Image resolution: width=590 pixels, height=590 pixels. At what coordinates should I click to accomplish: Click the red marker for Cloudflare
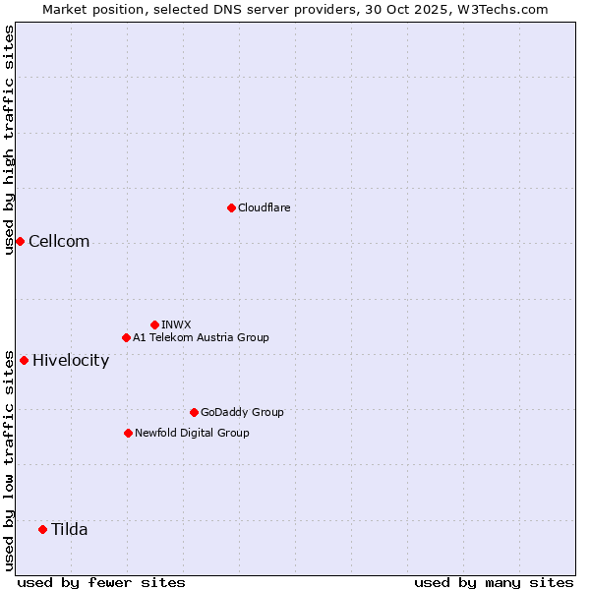(x=231, y=207)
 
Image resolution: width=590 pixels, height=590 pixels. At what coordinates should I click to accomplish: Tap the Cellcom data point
(x=20, y=242)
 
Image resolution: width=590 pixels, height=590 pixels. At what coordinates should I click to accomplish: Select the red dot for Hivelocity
(x=24, y=360)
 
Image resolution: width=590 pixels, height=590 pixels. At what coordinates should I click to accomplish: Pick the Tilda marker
(x=42, y=529)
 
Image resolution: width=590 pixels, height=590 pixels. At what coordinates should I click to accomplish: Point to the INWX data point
(x=154, y=324)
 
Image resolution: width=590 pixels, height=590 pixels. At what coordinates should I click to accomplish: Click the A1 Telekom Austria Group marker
(x=126, y=337)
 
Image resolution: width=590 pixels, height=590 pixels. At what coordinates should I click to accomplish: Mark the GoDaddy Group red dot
(x=194, y=412)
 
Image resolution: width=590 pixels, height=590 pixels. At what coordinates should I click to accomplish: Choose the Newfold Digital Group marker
(x=128, y=433)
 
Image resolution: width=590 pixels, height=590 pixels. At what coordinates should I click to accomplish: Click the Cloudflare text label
(x=264, y=207)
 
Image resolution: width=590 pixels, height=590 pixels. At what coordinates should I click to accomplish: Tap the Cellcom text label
(x=59, y=242)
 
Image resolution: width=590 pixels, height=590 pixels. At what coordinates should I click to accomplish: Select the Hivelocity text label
(x=71, y=360)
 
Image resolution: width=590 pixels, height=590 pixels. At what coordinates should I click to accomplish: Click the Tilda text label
(x=70, y=529)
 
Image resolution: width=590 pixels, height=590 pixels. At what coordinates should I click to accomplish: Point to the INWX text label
(x=176, y=324)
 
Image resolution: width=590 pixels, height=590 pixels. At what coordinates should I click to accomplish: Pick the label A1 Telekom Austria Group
(x=201, y=337)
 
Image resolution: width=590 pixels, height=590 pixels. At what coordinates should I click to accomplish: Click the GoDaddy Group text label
(x=242, y=412)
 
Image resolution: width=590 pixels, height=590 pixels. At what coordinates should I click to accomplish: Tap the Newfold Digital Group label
(x=192, y=433)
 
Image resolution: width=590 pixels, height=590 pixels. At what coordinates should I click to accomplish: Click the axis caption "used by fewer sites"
(x=101, y=582)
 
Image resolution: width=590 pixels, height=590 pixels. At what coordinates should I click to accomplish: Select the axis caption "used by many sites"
(x=494, y=582)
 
